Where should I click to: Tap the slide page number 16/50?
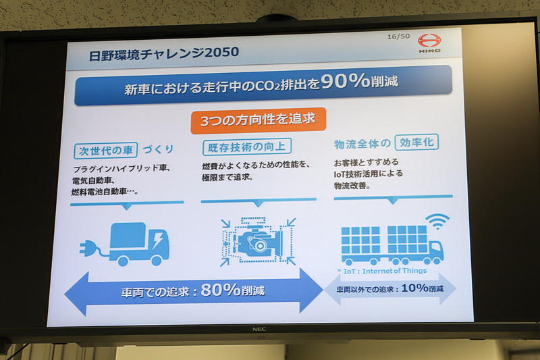(x=398, y=36)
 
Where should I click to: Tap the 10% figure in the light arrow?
(x=415, y=288)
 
